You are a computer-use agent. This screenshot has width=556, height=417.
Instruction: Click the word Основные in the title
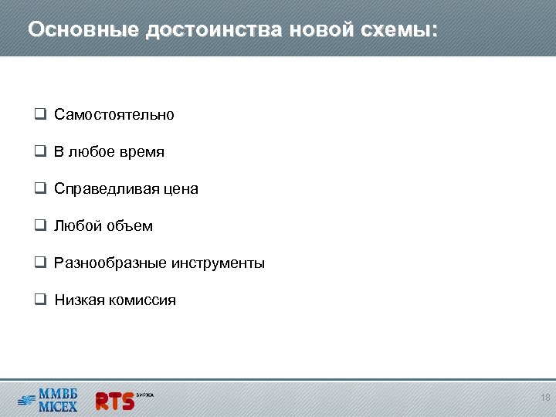point(81,30)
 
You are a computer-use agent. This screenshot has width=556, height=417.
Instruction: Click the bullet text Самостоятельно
point(114,115)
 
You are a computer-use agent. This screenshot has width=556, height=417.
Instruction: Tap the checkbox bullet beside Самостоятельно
point(39,115)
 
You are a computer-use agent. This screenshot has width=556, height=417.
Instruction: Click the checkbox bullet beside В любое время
point(39,152)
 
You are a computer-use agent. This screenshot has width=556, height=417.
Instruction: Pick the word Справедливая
point(103,189)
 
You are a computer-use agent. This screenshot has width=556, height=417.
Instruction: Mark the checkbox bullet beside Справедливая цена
point(39,189)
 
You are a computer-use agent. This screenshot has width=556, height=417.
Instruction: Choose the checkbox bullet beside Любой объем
point(39,226)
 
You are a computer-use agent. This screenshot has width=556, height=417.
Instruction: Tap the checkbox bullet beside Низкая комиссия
point(39,300)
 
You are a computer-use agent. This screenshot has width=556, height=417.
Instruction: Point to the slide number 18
point(545,398)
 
